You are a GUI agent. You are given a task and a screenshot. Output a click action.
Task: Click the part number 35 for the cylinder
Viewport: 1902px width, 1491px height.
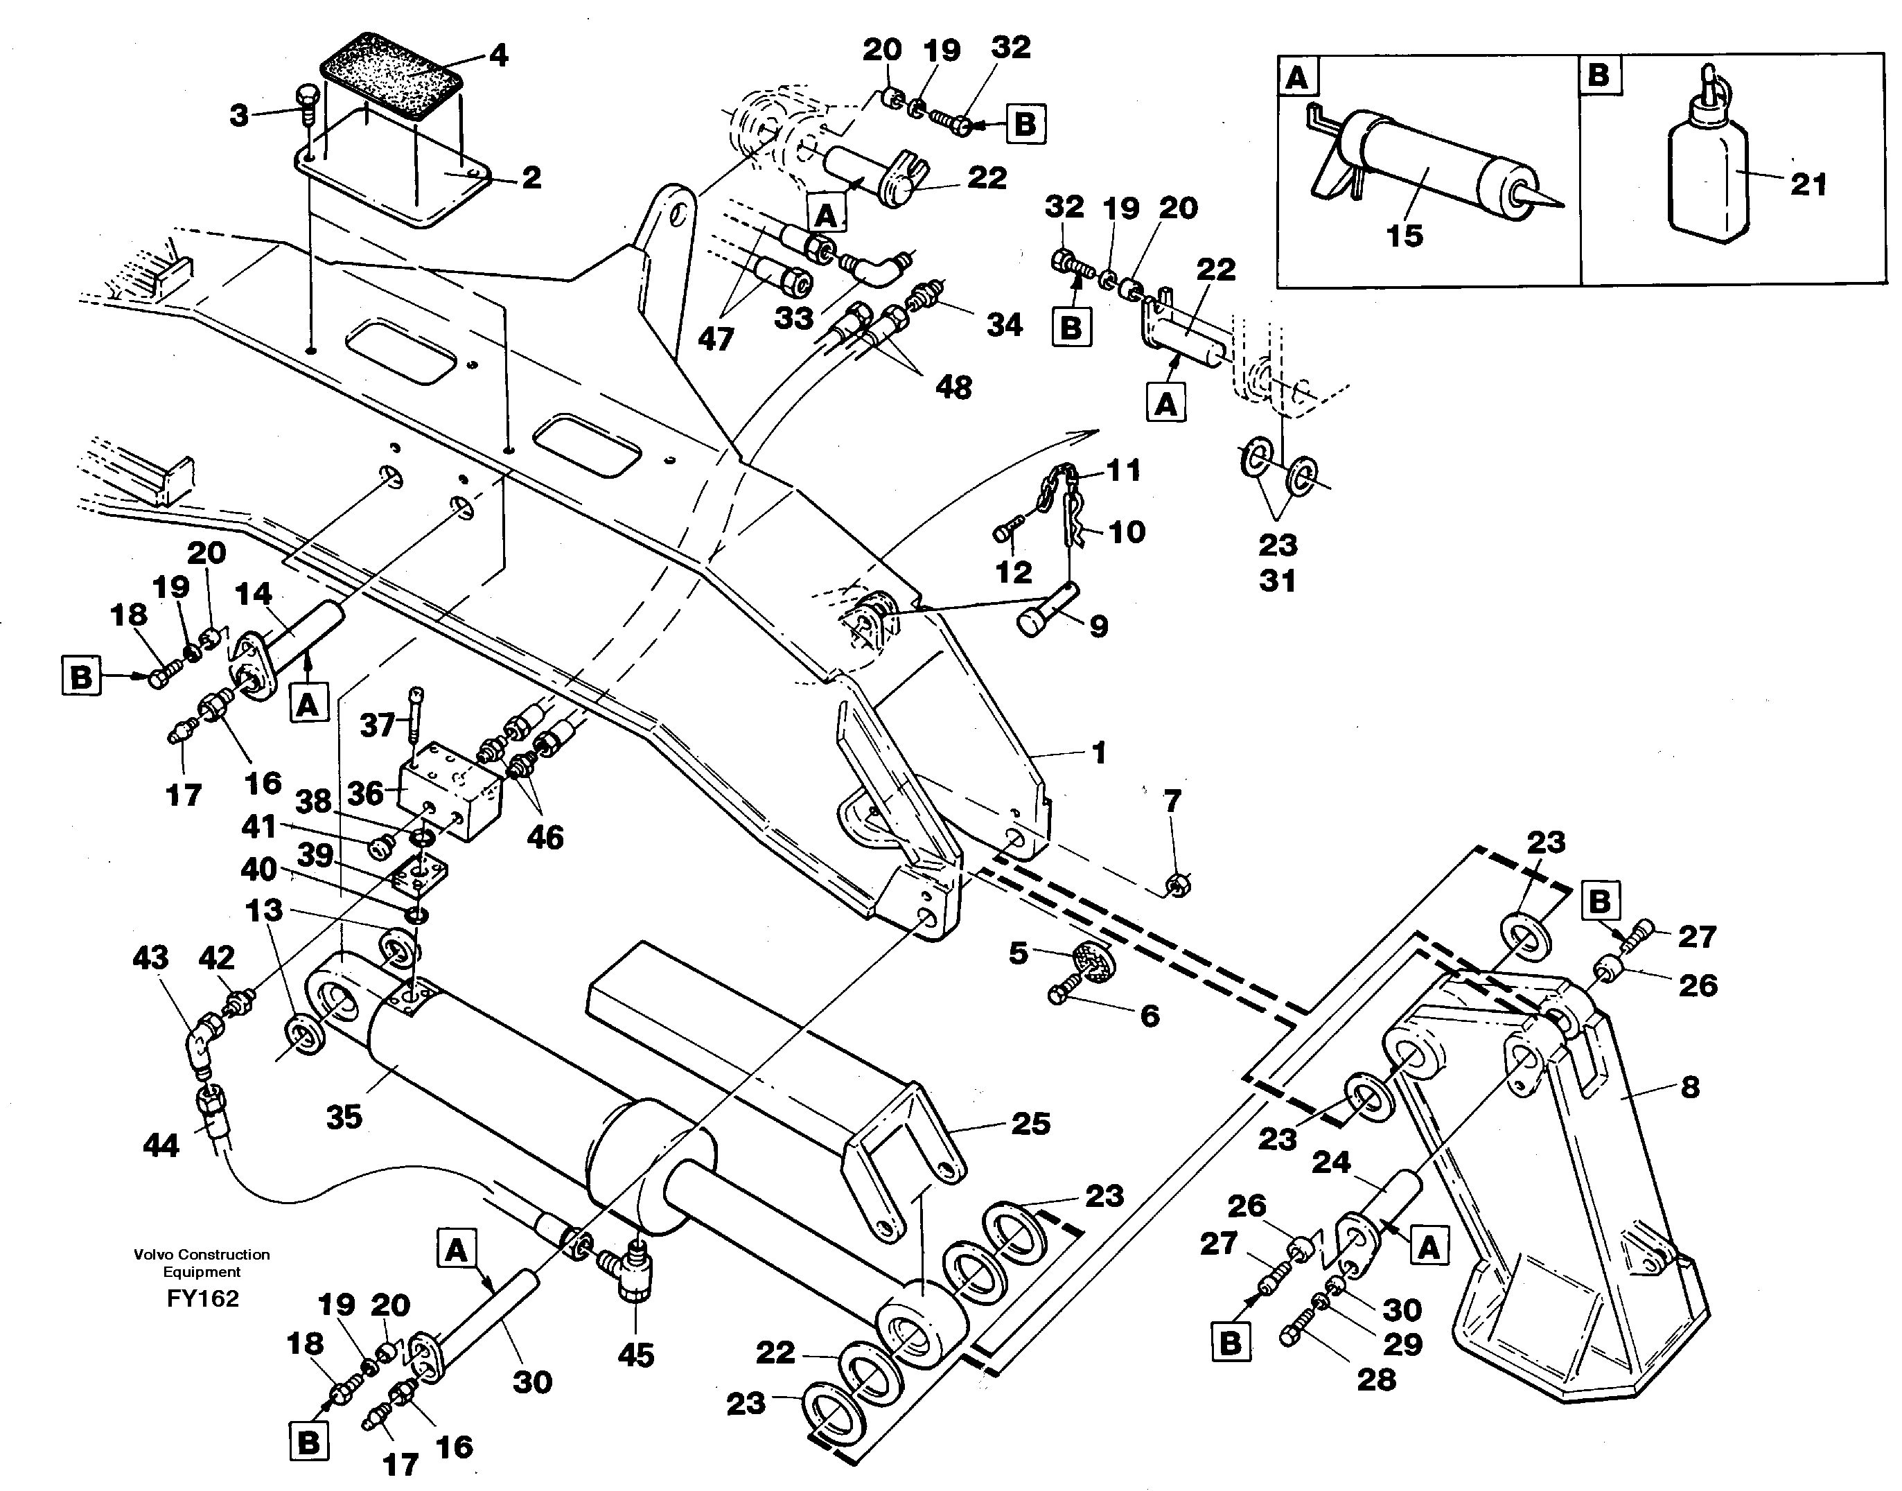(344, 1116)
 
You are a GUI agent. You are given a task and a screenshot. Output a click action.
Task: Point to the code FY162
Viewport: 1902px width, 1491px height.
(202, 1299)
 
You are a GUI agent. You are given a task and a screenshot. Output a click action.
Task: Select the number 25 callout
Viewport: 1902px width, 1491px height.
(1030, 1124)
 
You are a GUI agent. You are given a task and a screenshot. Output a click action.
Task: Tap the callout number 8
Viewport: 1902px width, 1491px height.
(1690, 1087)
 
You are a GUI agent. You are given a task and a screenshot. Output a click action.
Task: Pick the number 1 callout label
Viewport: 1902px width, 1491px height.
(1099, 752)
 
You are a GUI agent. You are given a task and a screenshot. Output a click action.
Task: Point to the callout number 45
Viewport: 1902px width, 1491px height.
(635, 1356)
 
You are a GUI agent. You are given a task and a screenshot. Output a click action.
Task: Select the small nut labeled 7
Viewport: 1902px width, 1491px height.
(1176, 887)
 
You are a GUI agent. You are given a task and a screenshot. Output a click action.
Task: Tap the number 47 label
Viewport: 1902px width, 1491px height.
(716, 339)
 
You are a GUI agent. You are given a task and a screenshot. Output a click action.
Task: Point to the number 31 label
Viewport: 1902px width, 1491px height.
(1277, 581)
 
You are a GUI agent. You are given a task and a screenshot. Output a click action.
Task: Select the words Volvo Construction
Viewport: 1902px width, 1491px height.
(202, 1255)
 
